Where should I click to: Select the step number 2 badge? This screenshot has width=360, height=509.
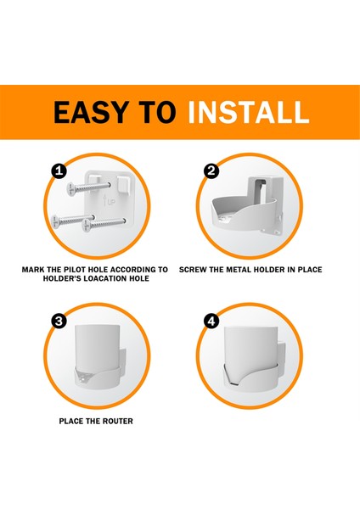(212, 171)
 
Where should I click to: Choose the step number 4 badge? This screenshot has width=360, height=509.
(211, 321)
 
